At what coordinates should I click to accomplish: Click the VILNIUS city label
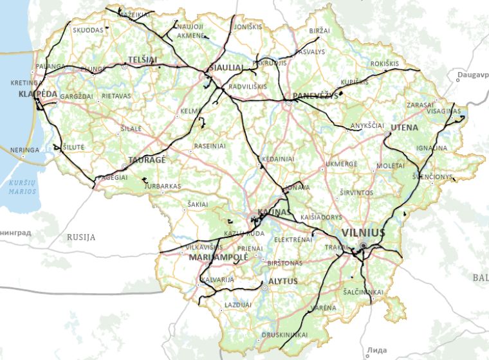[364, 232]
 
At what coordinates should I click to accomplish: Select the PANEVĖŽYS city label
[315, 96]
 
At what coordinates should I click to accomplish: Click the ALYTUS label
[283, 282]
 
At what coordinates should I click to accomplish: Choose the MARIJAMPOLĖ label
[219, 257]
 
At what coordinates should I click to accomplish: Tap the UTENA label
[404, 127]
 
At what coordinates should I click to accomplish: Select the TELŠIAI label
[143, 59]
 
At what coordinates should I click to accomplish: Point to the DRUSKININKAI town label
[284, 335]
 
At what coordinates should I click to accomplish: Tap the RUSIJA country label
[81, 237]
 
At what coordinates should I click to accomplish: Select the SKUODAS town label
[88, 30]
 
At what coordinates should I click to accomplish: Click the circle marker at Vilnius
[364, 246]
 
